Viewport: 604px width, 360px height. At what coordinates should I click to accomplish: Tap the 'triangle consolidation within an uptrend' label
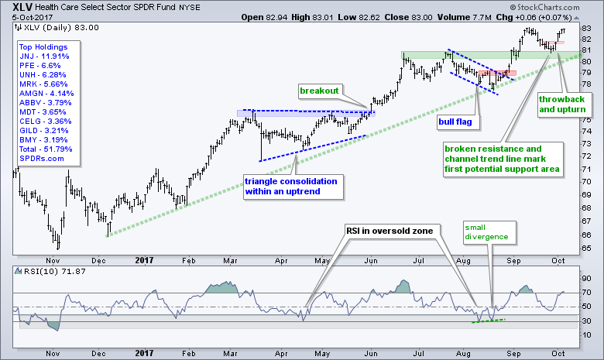(291, 186)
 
